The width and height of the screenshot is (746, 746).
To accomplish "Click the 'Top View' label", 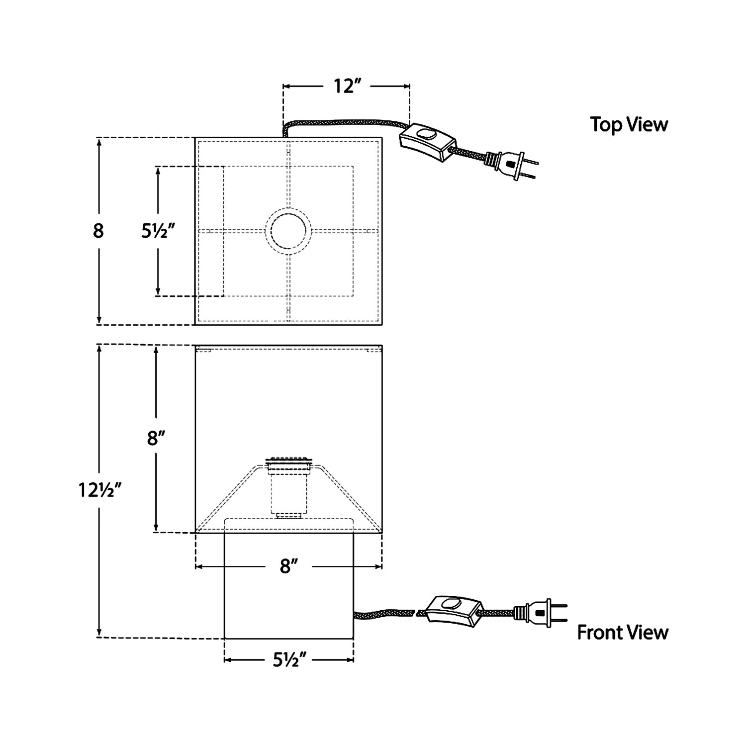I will [629, 124].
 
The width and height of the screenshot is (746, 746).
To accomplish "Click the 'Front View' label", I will [622, 633].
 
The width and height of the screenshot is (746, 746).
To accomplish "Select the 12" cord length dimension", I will [346, 86].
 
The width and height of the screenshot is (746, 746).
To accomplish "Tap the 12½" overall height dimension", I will [100, 490].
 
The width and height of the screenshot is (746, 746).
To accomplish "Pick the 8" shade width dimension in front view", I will [288, 566].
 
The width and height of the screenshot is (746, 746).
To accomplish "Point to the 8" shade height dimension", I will [156, 439].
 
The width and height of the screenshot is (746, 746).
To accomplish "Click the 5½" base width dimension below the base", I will [288, 660].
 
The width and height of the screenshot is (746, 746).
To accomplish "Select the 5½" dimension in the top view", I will [158, 231].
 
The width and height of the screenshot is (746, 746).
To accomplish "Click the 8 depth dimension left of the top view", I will [98, 231].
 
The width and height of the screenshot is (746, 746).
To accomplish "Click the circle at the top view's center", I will [288, 231].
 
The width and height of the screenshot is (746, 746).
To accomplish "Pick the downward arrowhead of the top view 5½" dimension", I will [158, 292].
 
